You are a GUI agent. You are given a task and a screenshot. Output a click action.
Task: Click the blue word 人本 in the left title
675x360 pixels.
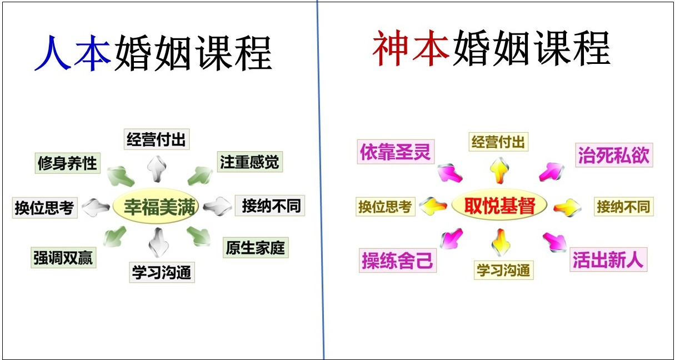pyautogui.click(x=73, y=53)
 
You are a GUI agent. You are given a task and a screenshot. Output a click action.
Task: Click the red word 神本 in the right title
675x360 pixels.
pyautogui.click(x=411, y=48)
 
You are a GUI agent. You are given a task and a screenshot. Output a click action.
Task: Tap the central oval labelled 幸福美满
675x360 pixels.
pyautogui.click(x=156, y=206)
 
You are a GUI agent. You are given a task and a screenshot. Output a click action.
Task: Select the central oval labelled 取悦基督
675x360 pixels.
pyautogui.click(x=499, y=205)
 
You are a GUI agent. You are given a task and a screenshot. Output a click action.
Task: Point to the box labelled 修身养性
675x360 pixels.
pyautogui.click(x=68, y=163)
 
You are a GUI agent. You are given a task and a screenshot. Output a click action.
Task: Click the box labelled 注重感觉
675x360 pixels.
pyautogui.click(x=250, y=162)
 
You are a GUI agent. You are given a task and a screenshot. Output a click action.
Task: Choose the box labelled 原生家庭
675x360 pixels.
pyautogui.click(x=256, y=247)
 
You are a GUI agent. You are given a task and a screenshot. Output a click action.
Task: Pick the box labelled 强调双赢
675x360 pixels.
pyautogui.click(x=63, y=258)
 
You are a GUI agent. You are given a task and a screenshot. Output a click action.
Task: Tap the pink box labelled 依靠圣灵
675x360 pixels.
pyautogui.click(x=396, y=152)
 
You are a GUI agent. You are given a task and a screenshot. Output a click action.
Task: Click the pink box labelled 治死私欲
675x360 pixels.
pyautogui.click(x=614, y=155)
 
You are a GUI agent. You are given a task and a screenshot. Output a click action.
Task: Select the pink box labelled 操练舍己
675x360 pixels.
pyautogui.click(x=398, y=261)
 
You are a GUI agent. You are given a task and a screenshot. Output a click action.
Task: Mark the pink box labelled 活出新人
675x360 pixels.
pyautogui.click(x=608, y=259)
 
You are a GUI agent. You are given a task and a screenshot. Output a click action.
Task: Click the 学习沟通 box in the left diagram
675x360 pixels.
pyautogui.click(x=162, y=272)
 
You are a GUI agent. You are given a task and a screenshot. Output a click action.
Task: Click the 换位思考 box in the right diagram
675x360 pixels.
pyautogui.click(x=386, y=207)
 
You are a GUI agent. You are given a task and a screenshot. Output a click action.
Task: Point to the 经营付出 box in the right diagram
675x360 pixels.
pyautogui.click(x=498, y=142)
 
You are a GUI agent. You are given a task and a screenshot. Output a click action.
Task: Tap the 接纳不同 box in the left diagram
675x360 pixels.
pyautogui.click(x=270, y=206)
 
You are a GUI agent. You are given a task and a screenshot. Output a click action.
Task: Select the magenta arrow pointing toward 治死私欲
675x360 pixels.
pyautogui.click(x=552, y=172)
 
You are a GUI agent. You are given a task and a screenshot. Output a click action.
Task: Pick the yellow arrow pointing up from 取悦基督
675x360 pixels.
pyautogui.click(x=499, y=170)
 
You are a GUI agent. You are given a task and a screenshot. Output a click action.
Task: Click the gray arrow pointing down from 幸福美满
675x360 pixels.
pyautogui.click(x=158, y=243)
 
